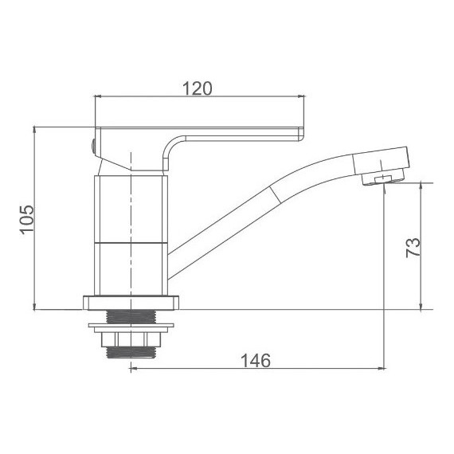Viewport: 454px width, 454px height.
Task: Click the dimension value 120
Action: pos(198,88)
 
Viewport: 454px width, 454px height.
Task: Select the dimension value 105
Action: pos(27,220)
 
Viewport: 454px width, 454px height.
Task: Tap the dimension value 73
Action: pos(413,248)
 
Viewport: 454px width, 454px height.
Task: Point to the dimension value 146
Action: pos(256,361)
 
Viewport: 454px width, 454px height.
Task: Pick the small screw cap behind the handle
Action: pos(93,147)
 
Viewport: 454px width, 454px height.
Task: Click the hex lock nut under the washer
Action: pos(131,339)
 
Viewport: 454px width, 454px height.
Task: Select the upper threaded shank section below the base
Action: pos(131,317)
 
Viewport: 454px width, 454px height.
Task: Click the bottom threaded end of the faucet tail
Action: pos(131,352)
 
